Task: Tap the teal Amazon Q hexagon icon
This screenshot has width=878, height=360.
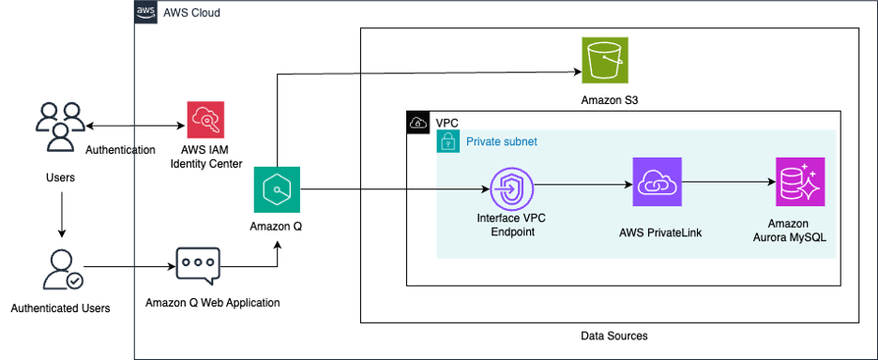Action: [x=277, y=190]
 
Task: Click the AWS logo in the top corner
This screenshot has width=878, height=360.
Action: [x=145, y=13]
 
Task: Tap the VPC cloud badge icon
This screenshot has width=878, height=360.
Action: [x=417, y=123]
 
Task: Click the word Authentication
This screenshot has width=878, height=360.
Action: [x=120, y=150]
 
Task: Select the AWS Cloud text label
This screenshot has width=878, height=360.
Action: [x=191, y=14]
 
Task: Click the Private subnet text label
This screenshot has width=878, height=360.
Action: [x=502, y=142]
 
